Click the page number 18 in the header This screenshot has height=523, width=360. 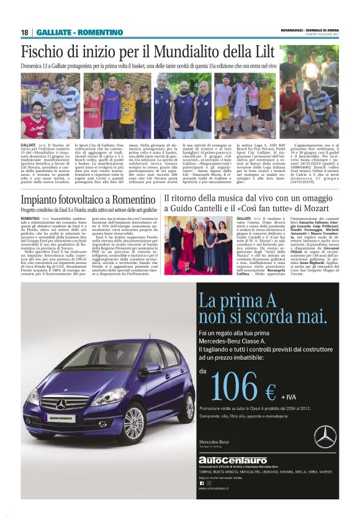[x=24, y=32]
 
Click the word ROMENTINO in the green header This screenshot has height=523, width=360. [x=98, y=32]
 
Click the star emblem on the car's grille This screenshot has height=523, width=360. [x=61, y=405]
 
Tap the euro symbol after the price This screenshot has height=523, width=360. [x=270, y=392]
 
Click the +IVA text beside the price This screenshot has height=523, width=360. [x=289, y=396]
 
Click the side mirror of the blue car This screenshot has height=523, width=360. [x=153, y=368]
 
